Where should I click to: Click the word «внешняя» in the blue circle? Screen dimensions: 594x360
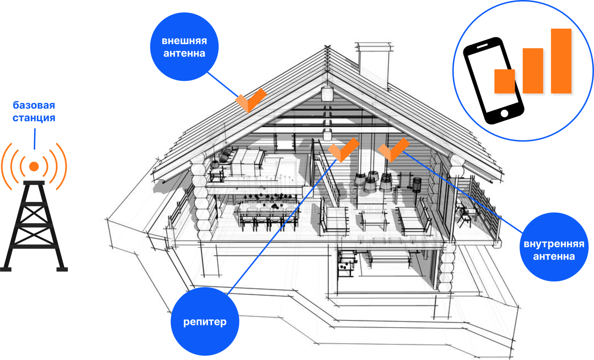coord(184,41)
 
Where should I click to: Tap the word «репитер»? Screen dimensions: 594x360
coord(205,322)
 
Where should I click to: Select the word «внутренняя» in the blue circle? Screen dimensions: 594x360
coord(554,244)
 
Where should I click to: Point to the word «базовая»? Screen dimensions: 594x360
coord(34,105)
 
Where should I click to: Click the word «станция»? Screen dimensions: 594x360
coord(34,118)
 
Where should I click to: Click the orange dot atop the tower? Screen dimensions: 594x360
coord(34,166)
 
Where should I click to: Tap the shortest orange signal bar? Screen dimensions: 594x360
coord(505,81)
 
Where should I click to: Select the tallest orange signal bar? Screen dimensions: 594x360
coord(561,61)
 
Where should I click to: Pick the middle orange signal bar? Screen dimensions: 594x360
coord(533,71)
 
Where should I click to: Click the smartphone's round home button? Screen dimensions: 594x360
coord(505,114)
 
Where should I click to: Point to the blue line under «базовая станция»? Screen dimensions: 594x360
coord(35,139)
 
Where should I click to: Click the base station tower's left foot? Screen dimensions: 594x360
coord(6,269)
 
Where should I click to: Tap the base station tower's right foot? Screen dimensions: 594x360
coord(62,269)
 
